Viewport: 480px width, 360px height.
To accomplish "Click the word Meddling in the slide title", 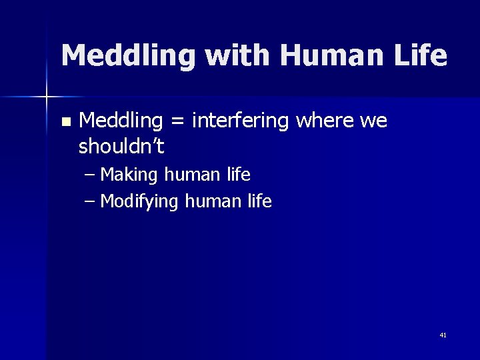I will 129,55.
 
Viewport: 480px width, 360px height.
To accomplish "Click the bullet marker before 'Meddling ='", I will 65,122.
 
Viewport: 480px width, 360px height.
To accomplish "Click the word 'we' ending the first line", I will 373,121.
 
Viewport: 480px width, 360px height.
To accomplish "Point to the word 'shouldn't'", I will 121,145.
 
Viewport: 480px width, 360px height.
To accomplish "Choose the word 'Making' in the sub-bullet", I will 129,175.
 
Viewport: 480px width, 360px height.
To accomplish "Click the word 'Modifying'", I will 139,201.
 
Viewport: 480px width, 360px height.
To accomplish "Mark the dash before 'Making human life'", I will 90,175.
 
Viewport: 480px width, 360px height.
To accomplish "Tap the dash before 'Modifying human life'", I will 90,201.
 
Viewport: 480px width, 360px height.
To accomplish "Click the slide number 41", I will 443,335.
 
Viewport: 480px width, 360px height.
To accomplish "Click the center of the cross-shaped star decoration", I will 47,97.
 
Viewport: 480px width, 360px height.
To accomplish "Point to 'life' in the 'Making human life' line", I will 238,175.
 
